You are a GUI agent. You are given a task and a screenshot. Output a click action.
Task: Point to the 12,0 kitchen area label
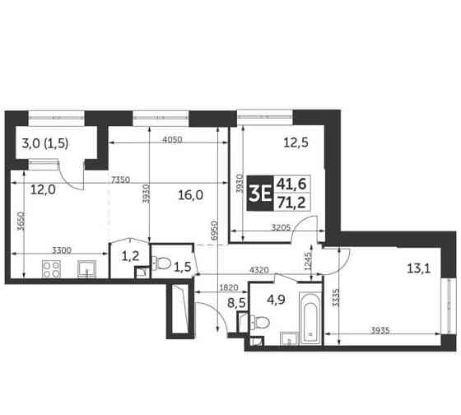pyautogui.click(x=43, y=189)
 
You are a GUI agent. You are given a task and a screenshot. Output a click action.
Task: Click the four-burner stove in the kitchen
pyautogui.click(x=53, y=268)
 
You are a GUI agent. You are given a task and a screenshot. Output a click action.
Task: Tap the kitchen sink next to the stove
pyautogui.click(x=86, y=268)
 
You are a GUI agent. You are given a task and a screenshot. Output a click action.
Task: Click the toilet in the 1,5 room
pyautogui.click(x=161, y=264)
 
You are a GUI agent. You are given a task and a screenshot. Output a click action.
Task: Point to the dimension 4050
pyautogui.click(x=172, y=139)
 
